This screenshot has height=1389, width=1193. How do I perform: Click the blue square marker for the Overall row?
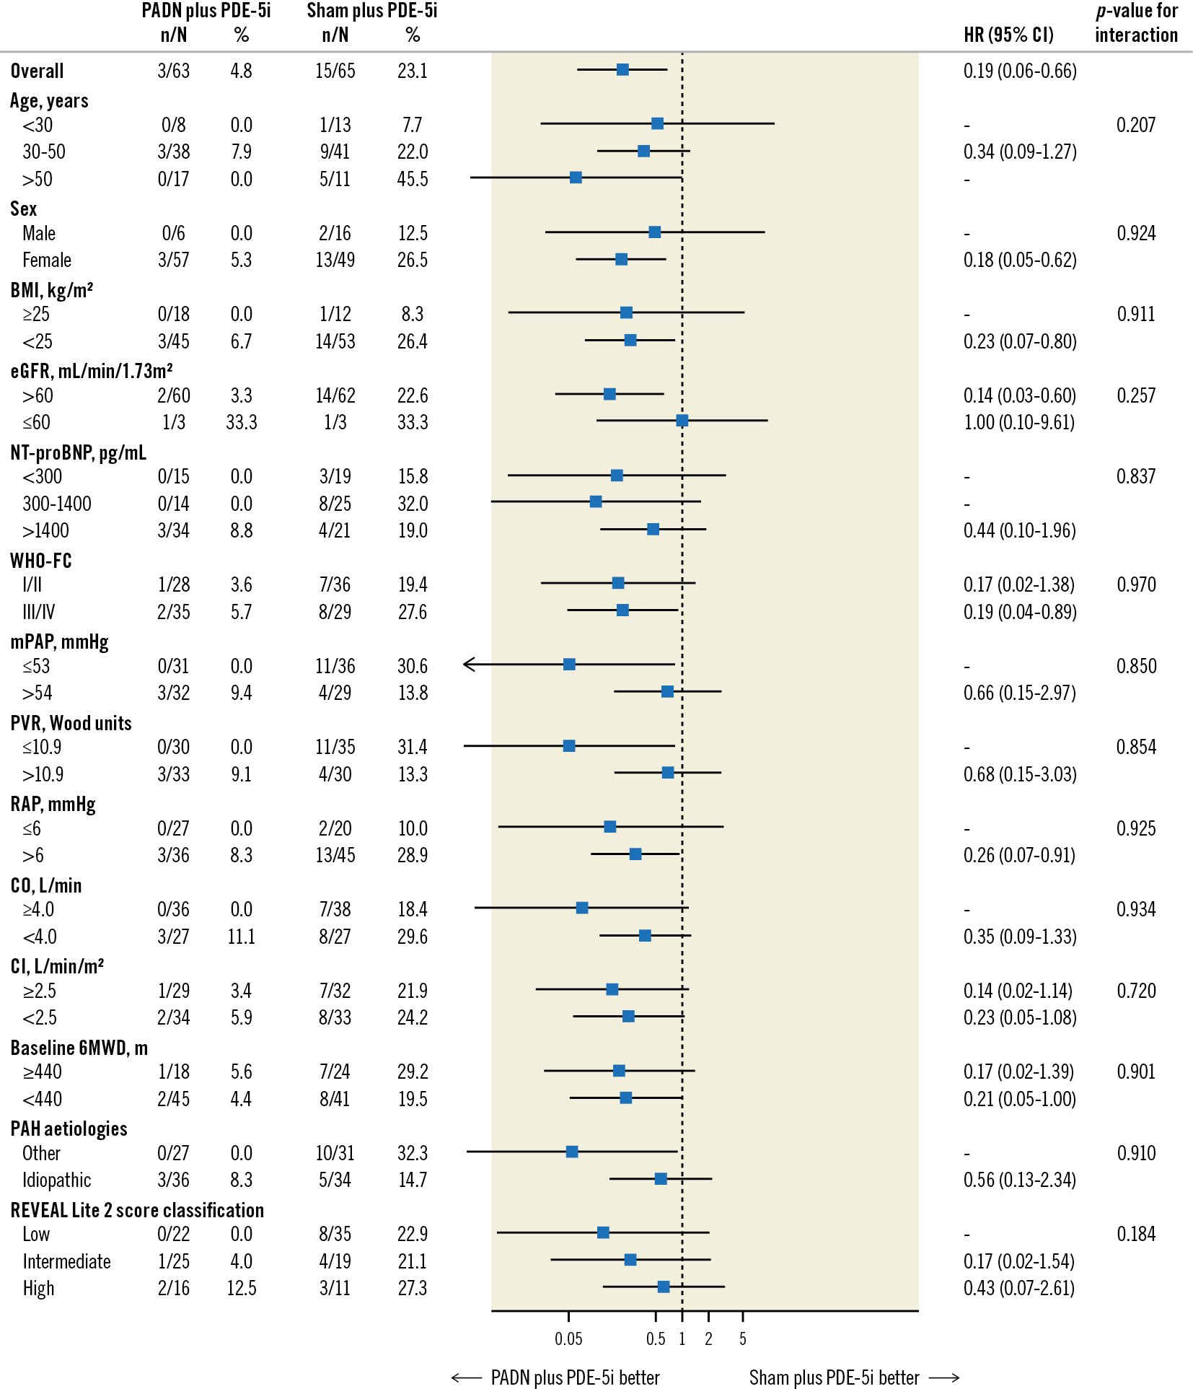tap(622, 70)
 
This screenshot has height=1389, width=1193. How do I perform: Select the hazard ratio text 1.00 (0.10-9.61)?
tap(1018, 422)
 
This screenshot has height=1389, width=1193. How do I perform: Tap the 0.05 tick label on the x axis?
tap(568, 1338)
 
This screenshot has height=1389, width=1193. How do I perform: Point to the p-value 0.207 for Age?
tap(1135, 125)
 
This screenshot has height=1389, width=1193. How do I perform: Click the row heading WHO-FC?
tap(41, 561)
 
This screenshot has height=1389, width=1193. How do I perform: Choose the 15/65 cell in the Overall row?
tap(335, 71)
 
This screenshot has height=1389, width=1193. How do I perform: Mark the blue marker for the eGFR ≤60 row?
tap(682, 421)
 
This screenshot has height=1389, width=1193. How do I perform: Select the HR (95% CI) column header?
tap(1008, 35)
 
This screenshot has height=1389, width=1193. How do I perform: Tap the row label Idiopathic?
tap(56, 1180)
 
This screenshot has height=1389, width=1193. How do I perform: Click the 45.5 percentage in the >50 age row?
tap(412, 179)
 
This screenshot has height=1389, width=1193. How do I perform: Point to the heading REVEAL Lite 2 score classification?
tap(137, 1210)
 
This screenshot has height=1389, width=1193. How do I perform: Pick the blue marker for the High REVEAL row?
tap(664, 1287)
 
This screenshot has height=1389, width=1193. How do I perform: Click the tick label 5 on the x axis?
tap(742, 1338)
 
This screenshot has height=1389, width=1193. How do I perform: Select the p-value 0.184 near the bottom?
tap(1135, 1234)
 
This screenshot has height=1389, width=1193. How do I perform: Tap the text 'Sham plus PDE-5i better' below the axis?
tap(834, 1377)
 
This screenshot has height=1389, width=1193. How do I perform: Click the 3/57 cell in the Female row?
tap(173, 260)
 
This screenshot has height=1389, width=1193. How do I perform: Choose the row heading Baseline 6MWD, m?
tap(79, 1048)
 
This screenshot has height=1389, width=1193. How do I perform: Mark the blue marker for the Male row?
tap(654, 232)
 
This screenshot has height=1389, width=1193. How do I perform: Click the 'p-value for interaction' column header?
tap(1136, 23)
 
